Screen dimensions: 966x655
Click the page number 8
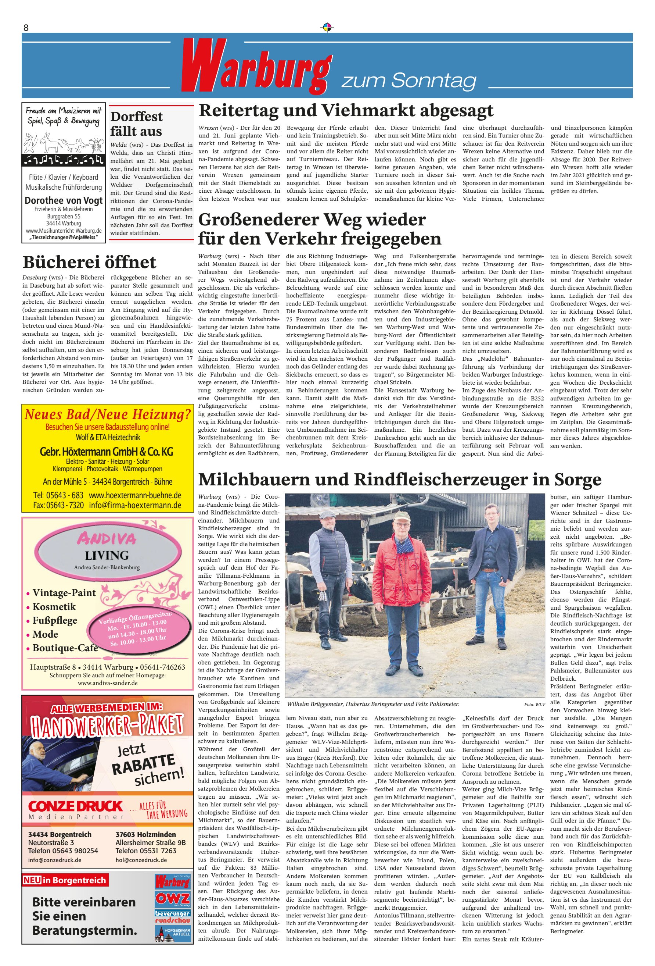pyautogui.click(x=26, y=28)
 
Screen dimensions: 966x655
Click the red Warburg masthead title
pyautogui.click(x=255, y=67)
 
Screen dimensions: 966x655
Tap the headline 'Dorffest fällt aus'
pyautogui.click(x=136, y=124)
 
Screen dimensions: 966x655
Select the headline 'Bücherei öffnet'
pyautogui.click(x=89, y=262)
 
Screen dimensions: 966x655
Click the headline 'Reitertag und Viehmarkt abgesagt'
pyautogui.click(x=346, y=111)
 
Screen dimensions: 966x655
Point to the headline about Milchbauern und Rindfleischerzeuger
pyautogui.click(x=400, y=479)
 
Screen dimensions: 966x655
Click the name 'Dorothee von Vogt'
pyautogui.click(x=64, y=200)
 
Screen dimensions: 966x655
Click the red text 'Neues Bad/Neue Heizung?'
pyautogui.click(x=108, y=414)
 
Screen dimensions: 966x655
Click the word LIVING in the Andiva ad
pyautogui.click(x=107, y=555)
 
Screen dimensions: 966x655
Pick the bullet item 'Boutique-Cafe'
pyautogui.click(x=65, y=648)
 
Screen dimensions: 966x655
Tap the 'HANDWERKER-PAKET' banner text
pyautogui.click(x=107, y=726)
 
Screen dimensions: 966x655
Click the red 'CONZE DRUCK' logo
pyautogui.click(x=75, y=806)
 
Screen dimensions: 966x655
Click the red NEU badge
pyautogui.click(x=32, y=880)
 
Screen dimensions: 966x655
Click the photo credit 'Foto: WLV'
pyautogui.click(x=534, y=704)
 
